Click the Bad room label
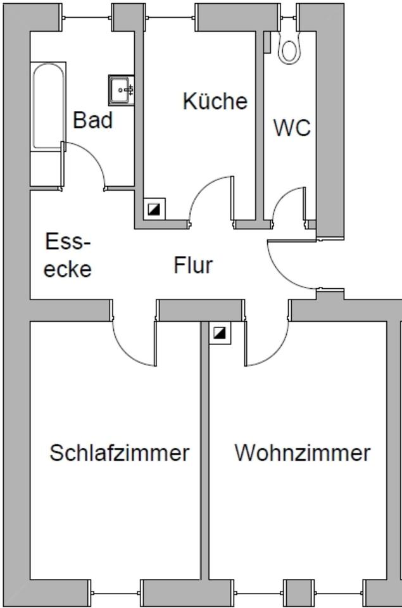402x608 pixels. point(93,120)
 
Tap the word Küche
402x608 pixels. point(215,101)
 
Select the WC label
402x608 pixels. point(292,127)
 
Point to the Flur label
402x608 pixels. point(193,265)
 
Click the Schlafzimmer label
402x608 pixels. point(120,453)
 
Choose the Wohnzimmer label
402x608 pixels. point(302,453)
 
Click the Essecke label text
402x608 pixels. point(68,255)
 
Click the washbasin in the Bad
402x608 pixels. point(120,89)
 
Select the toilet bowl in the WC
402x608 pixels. point(291,47)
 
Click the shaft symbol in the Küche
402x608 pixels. point(154,208)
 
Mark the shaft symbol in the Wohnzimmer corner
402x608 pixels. point(219,332)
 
